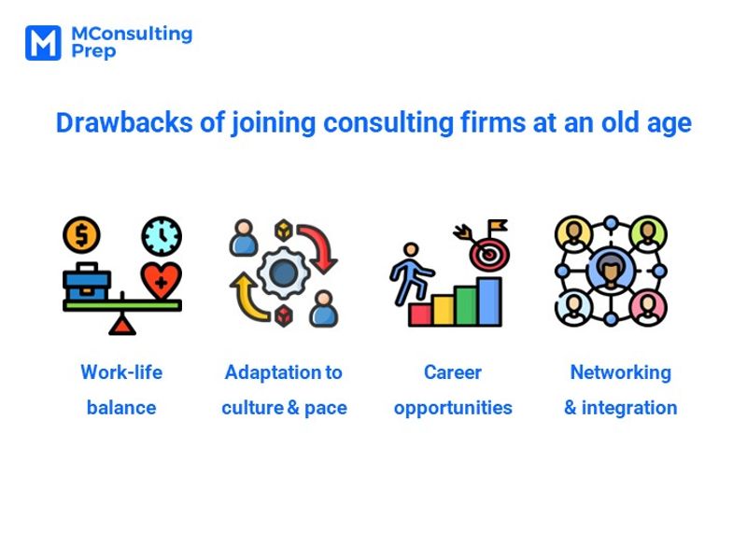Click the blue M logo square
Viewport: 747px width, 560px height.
pyautogui.click(x=43, y=43)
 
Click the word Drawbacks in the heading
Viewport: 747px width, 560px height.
pyautogui.click(x=124, y=122)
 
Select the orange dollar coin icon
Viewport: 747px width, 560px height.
pyautogui.click(x=81, y=235)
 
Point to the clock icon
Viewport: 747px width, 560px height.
pyautogui.click(x=162, y=236)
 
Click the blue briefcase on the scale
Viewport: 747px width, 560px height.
pyautogui.click(x=87, y=282)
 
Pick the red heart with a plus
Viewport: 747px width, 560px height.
pyautogui.click(x=161, y=281)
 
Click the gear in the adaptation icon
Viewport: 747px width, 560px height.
pyautogui.click(x=284, y=273)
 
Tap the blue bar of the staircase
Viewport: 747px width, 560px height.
pyautogui.click(x=489, y=301)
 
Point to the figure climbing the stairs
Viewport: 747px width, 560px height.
pyautogui.click(x=410, y=273)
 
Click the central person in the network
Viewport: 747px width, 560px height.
pyautogui.click(x=612, y=271)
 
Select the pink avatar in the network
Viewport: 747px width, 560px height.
pyautogui.click(x=647, y=308)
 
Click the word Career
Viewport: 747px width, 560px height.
pyautogui.click(x=453, y=372)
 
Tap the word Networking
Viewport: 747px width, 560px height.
pyautogui.click(x=621, y=372)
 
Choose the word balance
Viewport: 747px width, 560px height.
pyautogui.click(x=121, y=408)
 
